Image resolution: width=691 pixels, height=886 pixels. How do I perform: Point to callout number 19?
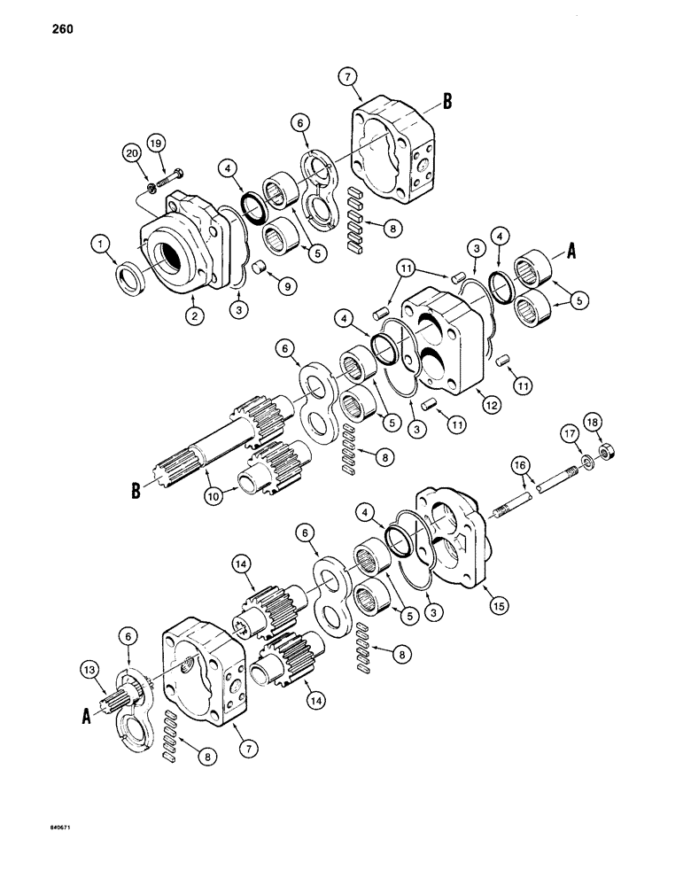[x=155, y=141]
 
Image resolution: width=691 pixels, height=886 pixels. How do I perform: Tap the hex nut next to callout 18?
[x=608, y=452]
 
